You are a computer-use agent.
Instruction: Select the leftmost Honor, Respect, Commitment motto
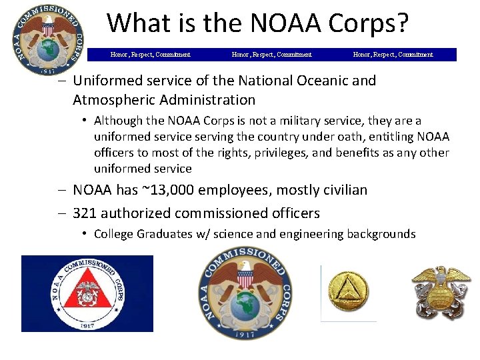click(x=150, y=55)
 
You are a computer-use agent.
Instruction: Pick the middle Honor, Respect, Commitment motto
click(x=271, y=55)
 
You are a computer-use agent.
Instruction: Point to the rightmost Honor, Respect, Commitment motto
click(x=393, y=55)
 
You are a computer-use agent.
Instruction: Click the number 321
click(x=87, y=213)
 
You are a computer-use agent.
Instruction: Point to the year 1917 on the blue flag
click(x=87, y=326)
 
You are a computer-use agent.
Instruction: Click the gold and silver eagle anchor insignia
click(x=441, y=293)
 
